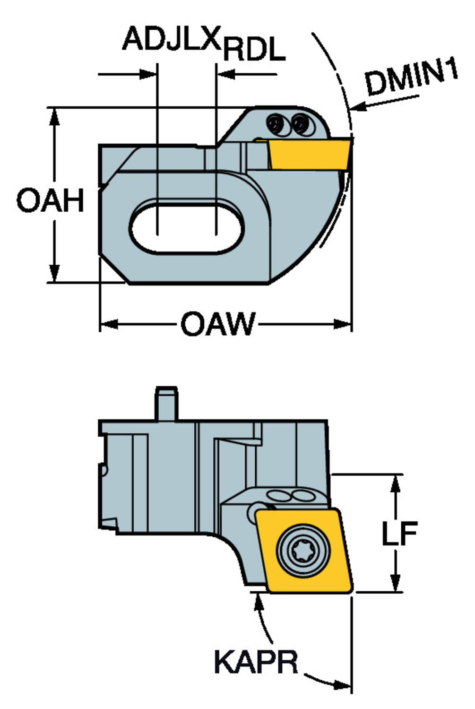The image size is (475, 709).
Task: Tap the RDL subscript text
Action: tap(254, 50)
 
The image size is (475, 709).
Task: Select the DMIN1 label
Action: tap(412, 78)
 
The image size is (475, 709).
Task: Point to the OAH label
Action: tap(51, 200)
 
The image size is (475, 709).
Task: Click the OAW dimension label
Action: tap(218, 324)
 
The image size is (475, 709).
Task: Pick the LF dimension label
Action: tap(399, 534)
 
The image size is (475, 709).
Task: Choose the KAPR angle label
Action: tap(256, 662)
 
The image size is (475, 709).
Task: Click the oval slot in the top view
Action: tap(187, 226)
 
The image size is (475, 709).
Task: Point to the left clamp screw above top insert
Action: tap(275, 124)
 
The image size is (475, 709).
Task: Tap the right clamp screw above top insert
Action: tap(300, 124)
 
